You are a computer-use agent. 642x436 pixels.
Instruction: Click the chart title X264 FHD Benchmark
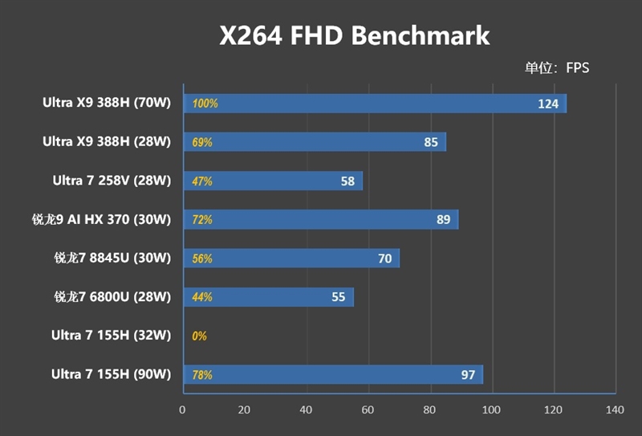click(x=355, y=36)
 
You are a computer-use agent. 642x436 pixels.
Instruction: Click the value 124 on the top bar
click(x=548, y=104)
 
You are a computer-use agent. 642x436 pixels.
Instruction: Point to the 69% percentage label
click(x=202, y=142)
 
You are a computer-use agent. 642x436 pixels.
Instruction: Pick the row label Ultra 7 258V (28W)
click(x=111, y=181)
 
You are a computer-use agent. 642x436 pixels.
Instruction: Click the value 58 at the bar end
click(x=347, y=181)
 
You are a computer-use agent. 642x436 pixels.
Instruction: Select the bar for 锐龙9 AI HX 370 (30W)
click(x=321, y=219)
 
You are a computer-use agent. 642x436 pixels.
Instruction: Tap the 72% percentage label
click(x=202, y=219)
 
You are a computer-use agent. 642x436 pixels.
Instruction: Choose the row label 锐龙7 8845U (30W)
click(x=112, y=258)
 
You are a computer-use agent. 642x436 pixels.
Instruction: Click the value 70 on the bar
click(x=385, y=259)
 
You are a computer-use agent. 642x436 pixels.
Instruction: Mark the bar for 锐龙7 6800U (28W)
click(x=269, y=297)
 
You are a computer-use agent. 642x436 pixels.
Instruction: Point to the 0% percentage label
click(x=200, y=336)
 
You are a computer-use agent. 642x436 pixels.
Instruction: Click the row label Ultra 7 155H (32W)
click(x=111, y=335)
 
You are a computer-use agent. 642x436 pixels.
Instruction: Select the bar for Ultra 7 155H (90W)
click(x=333, y=374)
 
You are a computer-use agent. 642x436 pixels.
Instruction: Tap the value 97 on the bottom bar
click(x=468, y=375)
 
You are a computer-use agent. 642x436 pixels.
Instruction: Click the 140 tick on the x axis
click(x=614, y=410)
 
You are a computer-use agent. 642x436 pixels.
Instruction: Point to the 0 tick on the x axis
click(x=182, y=410)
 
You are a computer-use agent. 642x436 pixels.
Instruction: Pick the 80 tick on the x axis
click(x=429, y=410)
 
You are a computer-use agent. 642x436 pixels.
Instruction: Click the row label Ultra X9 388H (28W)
click(x=107, y=141)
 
